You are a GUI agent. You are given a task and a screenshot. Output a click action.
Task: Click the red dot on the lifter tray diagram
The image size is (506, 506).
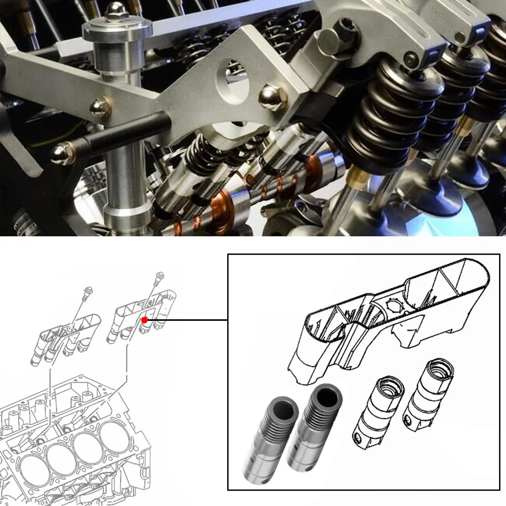click(x=145, y=320)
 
